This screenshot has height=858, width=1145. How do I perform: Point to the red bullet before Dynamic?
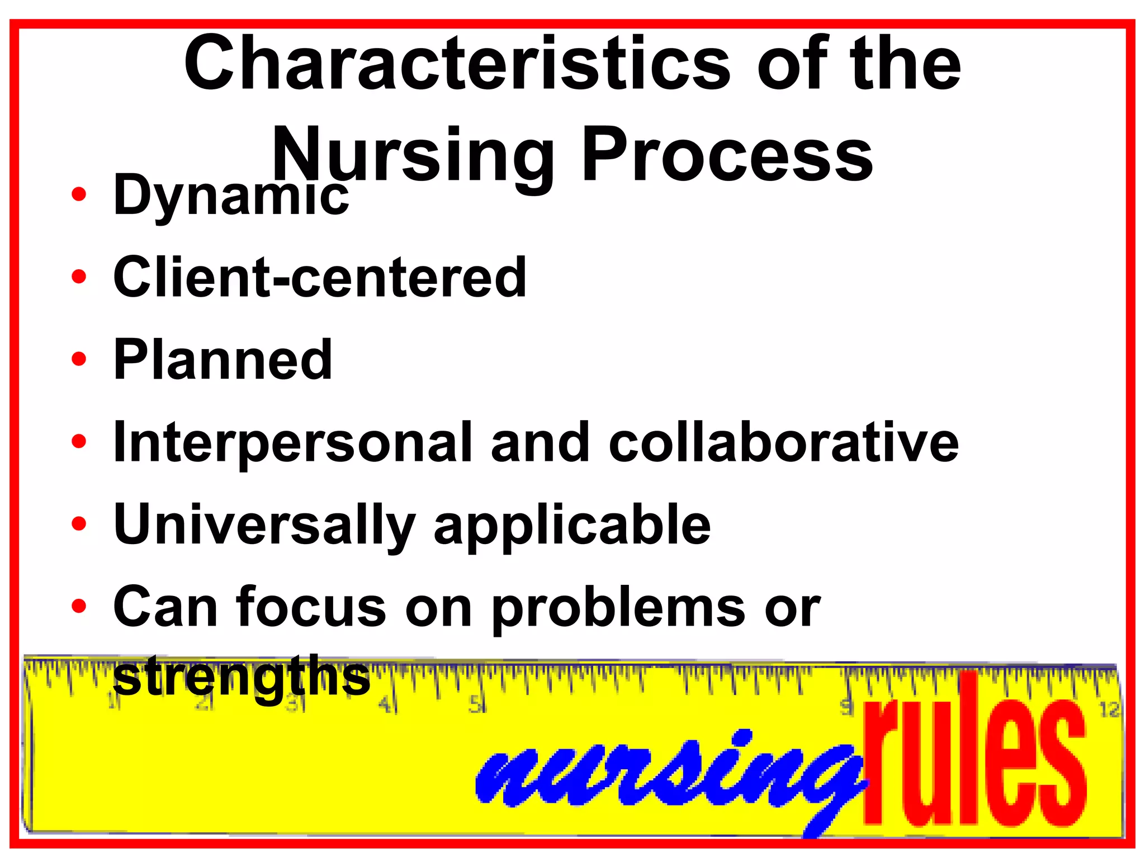coord(79,194)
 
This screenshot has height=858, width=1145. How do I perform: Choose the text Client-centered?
coord(319,277)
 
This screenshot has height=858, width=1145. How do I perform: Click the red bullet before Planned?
coord(79,359)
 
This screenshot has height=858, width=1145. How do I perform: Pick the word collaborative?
coord(783,442)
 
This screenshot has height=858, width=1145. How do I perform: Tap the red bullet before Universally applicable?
coord(79,523)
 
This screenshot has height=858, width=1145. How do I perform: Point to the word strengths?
coord(242,677)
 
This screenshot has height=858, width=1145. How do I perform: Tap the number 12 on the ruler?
coord(1109,709)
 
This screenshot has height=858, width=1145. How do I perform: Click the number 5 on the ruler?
coord(476,705)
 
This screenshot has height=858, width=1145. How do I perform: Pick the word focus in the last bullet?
coord(311,607)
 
